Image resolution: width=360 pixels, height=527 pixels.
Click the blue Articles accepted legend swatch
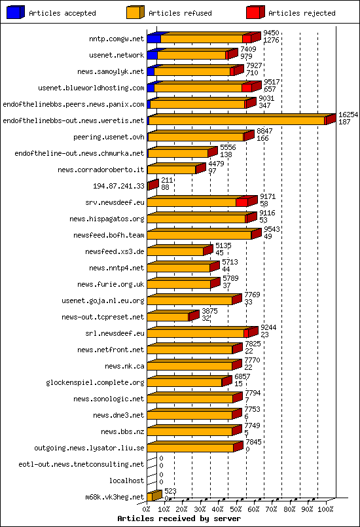pos(14,12)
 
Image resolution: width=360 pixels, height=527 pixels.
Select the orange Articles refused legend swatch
pos(134,12)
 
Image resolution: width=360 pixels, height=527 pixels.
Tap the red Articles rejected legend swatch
pos(254,12)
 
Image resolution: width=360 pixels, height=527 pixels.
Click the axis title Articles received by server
pos(179,518)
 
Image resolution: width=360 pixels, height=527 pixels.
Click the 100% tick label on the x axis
pos(326,509)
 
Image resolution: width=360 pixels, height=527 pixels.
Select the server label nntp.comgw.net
pos(117,39)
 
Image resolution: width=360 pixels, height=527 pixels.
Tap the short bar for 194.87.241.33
pos(152,186)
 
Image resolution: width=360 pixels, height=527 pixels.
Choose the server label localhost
pos(126,481)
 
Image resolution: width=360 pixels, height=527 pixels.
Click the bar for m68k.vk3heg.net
pos(153,496)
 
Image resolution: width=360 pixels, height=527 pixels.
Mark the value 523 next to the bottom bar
pos(170,491)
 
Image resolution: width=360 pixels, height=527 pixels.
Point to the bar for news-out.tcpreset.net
pos(169,317)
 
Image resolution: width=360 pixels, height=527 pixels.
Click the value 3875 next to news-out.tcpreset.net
pos(209,311)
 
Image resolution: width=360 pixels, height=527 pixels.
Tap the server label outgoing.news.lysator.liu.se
pos(89,448)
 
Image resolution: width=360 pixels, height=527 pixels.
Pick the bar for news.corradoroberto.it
pos(172,170)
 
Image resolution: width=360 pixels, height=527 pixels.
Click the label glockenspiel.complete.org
pos(95,382)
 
